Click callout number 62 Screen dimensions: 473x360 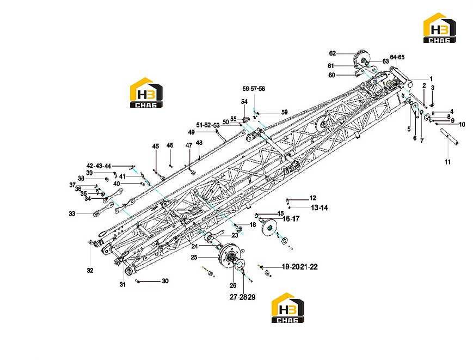332,53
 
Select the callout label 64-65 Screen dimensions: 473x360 397,57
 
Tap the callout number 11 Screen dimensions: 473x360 447,162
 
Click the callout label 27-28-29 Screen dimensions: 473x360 243,297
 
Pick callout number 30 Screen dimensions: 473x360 165,281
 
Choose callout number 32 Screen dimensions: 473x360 90,270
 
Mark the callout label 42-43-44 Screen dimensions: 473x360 99,166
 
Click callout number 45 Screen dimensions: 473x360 155,147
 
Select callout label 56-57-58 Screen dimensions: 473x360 254,89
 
